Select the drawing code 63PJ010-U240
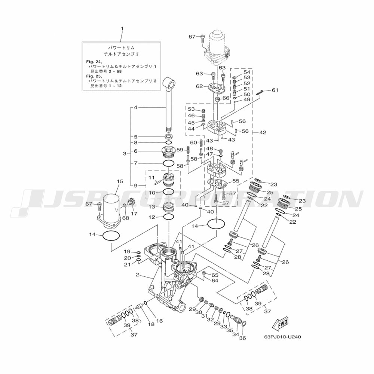point(282,336)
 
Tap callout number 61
point(275,90)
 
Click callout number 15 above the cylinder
point(120,181)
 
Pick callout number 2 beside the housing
point(137,275)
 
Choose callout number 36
point(242,338)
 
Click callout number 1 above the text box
point(122,29)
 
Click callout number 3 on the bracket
point(125,154)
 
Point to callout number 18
point(151,324)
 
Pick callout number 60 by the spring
point(193,142)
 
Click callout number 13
point(152,207)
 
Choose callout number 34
point(236,329)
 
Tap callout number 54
point(247,72)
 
